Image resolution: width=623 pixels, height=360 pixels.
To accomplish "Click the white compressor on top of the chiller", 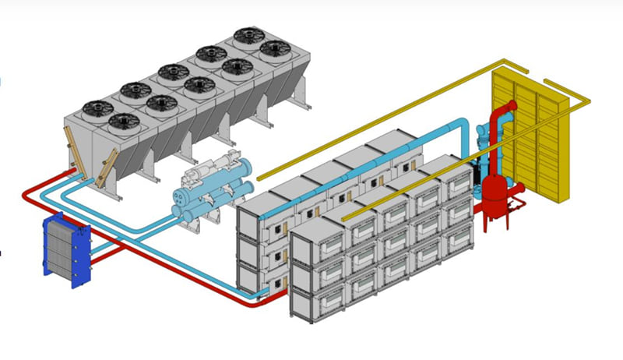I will [199, 170].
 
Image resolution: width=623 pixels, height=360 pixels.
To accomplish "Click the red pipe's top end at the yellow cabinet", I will [510, 106].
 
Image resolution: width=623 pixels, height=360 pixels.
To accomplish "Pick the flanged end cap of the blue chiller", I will [251, 169].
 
